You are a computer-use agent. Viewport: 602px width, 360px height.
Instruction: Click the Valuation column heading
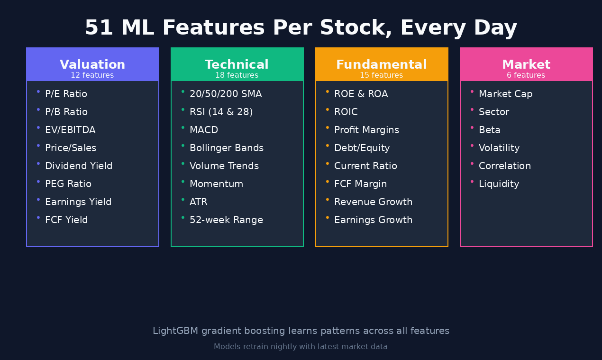click(x=92, y=65)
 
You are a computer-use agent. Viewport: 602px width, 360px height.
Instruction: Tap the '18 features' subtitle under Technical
click(x=237, y=75)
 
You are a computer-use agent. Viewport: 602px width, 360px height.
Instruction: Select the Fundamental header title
click(x=381, y=65)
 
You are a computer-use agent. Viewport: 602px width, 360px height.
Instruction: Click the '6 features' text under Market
click(x=526, y=75)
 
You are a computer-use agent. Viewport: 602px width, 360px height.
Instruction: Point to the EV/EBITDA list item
click(x=70, y=130)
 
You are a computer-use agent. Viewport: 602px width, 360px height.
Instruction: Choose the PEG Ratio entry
click(x=68, y=184)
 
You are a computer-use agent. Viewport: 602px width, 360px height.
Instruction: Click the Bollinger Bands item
click(x=227, y=148)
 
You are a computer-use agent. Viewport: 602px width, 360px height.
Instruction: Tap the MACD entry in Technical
click(x=204, y=130)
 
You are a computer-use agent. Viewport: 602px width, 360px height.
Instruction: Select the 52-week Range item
click(x=226, y=220)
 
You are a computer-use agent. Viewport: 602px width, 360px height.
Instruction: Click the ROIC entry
click(x=346, y=112)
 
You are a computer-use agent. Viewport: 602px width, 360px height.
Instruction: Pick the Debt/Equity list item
click(x=362, y=148)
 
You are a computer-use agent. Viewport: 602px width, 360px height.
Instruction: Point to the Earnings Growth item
click(x=373, y=220)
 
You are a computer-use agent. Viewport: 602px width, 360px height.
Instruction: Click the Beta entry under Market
click(x=490, y=130)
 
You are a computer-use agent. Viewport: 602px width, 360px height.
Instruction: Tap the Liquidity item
click(x=499, y=184)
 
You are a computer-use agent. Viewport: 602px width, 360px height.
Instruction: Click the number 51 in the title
click(x=99, y=28)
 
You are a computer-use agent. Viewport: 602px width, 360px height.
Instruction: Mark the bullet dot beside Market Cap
click(x=472, y=91)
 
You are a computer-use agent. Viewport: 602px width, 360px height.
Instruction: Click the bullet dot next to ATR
click(x=183, y=199)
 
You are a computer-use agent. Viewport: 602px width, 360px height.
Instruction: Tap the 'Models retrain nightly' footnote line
click(x=301, y=347)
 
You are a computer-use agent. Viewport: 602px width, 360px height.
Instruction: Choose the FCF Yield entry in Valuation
click(x=66, y=220)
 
